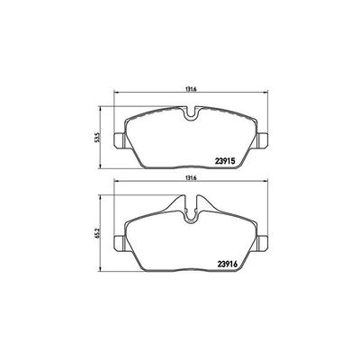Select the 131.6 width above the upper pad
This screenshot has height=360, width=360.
pos(191,89)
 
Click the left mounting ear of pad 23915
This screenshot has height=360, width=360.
pos(111,139)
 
